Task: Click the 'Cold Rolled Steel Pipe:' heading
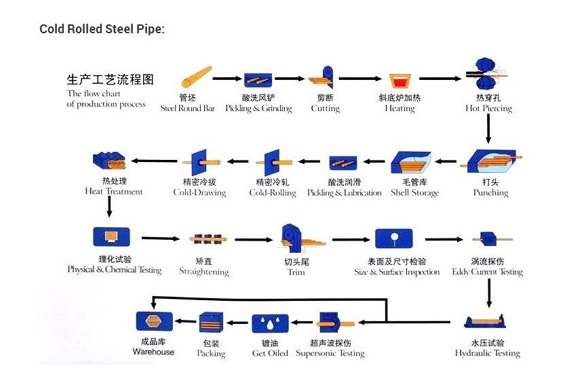coord(102,29)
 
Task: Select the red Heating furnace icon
coord(400,81)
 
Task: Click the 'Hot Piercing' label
coord(488,108)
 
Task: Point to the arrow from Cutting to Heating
coord(360,79)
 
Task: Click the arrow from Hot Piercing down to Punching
coord(488,129)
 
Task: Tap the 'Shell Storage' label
coord(414,193)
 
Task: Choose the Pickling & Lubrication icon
coord(344,163)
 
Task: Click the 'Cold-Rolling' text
coord(273,193)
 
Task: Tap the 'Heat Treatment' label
coord(114,192)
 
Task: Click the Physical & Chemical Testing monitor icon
coord(110,237)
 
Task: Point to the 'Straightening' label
coord(203,272)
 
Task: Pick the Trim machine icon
coord(295,239)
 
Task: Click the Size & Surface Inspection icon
coord(394,239)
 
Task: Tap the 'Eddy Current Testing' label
coord(487,272)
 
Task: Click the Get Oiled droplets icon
coord(271,323)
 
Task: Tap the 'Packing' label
coord(211,354)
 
